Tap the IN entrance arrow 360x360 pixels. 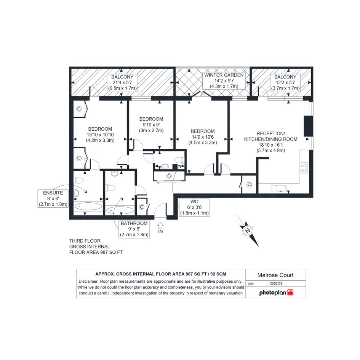click(x=160, y=225)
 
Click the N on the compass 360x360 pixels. click(x=248, y=230)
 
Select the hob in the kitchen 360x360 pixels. click(x=304, y=168)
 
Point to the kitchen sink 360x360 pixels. click(x=279, y=189)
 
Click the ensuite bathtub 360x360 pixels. click(x=88, y=206)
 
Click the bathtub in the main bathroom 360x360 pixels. click(x=120, y=210)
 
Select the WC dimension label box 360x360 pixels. click(x=194, y=207)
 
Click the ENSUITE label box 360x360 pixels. click(x=53, y=198)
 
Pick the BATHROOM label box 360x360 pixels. click(x=134, y=229)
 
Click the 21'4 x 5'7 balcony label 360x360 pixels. click(x=122, y=82)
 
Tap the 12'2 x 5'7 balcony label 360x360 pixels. click(x=285, y=82)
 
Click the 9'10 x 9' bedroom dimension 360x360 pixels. click(x=151, y=125)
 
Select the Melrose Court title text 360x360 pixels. click(x=275, y=275)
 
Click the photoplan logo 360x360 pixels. click(x=276, y=293)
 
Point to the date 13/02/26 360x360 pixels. click(x=276, y=283)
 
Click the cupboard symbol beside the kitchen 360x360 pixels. click(x=249, y=184)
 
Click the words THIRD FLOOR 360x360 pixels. click(x=85, y=241)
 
